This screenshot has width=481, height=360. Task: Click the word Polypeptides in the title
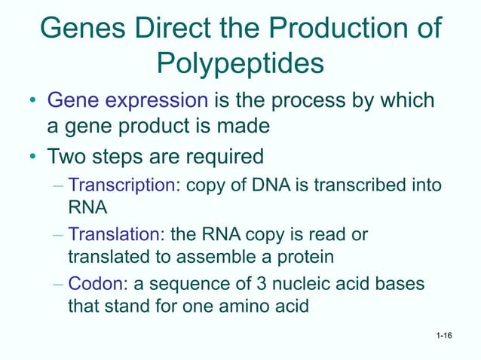click(240, 64)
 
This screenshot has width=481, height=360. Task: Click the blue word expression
click(160, 100)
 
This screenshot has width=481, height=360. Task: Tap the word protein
click(306, 258)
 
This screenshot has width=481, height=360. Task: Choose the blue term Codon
click(91, 284)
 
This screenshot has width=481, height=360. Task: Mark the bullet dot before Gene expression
click(32, 101)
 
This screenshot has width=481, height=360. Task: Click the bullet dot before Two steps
click(32, 158)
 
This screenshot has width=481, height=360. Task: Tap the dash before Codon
click(58, 284)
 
